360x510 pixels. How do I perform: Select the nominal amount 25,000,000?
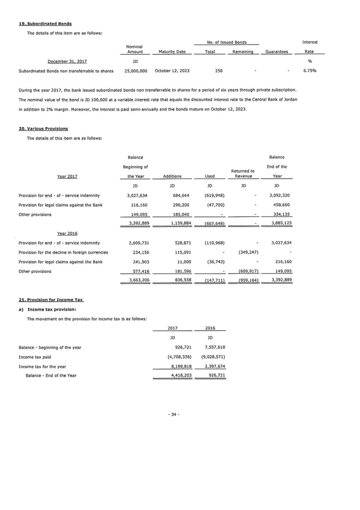[136, 71]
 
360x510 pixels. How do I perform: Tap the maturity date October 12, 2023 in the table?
[172, 71]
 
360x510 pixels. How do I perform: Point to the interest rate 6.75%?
[309, 71]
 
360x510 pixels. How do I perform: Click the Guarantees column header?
[275, 52]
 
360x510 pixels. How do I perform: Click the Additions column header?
[172, 176]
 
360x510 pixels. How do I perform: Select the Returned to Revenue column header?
[243, 173]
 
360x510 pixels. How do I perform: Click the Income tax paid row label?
[35, 357]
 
